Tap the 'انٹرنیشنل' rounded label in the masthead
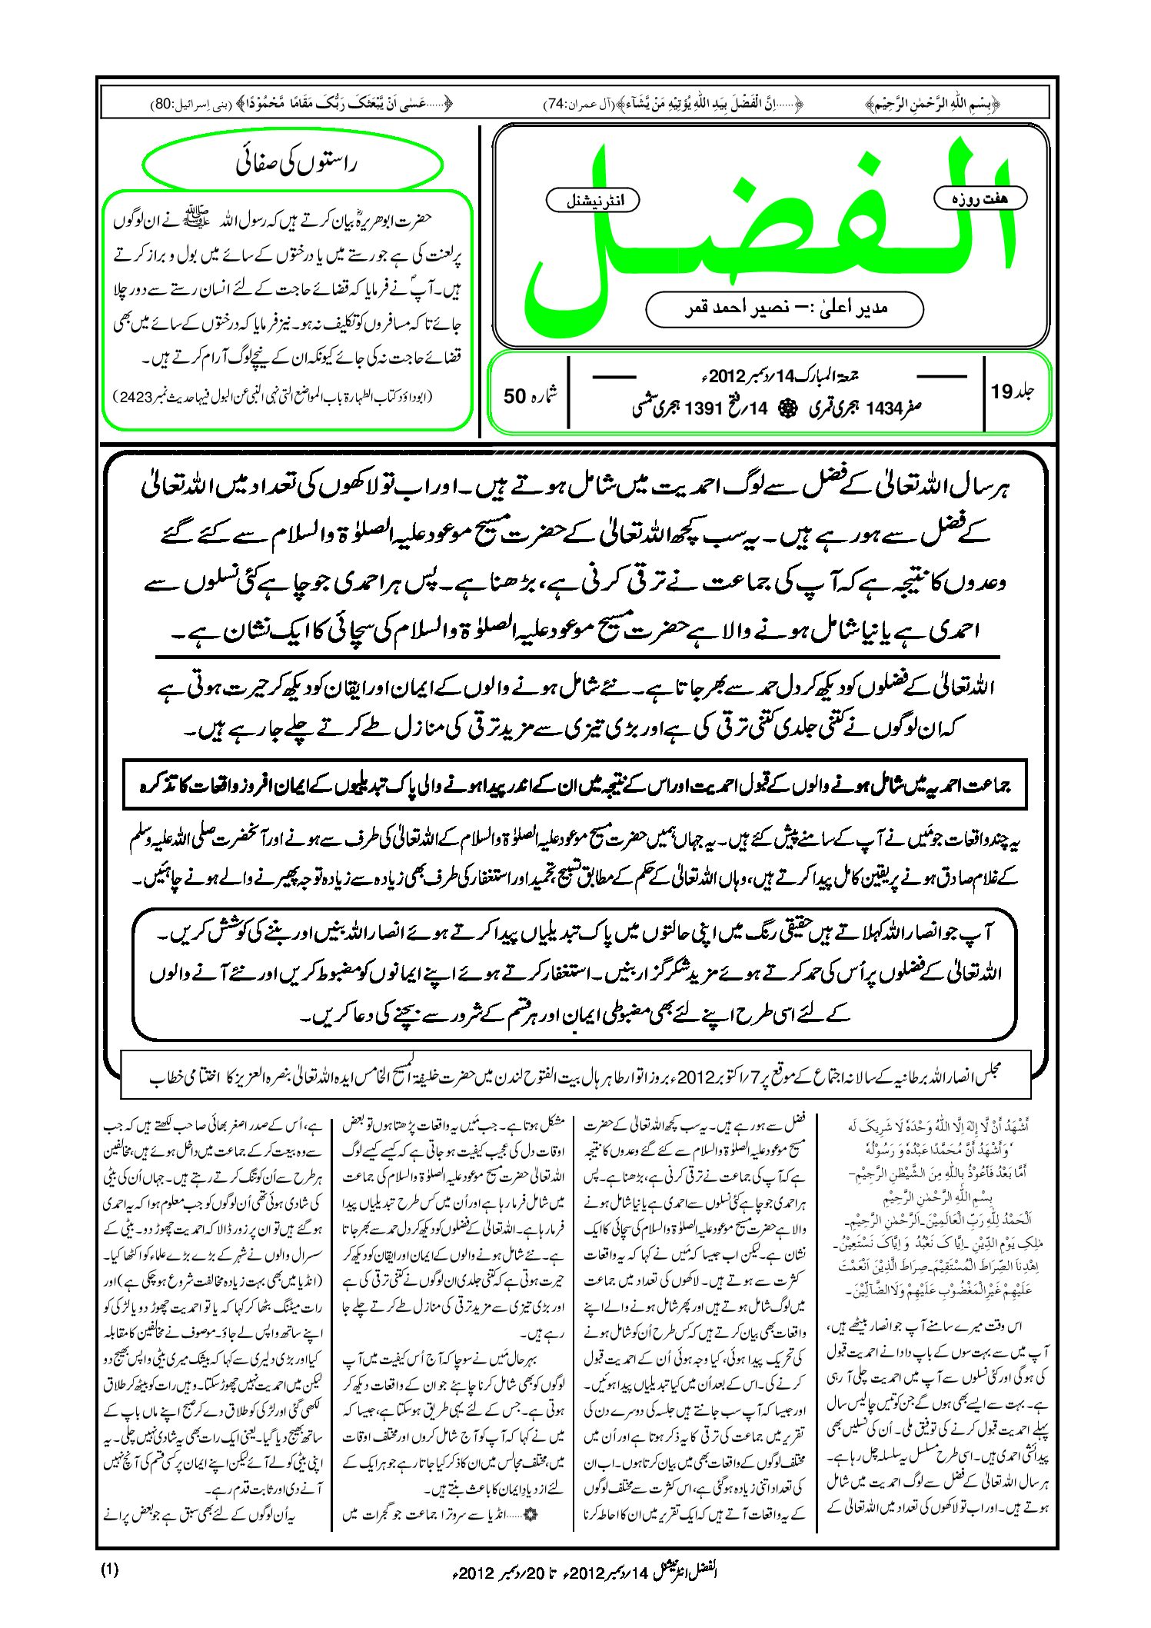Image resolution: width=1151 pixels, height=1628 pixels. (x=592, y=201)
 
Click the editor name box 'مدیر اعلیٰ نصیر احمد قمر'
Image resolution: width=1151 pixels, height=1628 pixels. (x=784, y=308)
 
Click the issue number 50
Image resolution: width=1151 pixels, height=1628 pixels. (x=514, y=396)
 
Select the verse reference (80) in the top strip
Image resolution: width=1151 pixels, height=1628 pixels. (x=164, y=103)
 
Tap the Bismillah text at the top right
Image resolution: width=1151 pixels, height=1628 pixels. (x=932, y=103)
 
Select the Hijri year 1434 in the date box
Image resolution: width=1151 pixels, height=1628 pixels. (x=883, y=409)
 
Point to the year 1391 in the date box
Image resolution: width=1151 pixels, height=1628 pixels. (x=700, y=409)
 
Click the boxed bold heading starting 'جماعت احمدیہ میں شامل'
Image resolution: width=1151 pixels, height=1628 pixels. (x=575, y=785)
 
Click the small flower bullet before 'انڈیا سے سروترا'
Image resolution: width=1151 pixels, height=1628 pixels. (x=529, y=1514)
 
